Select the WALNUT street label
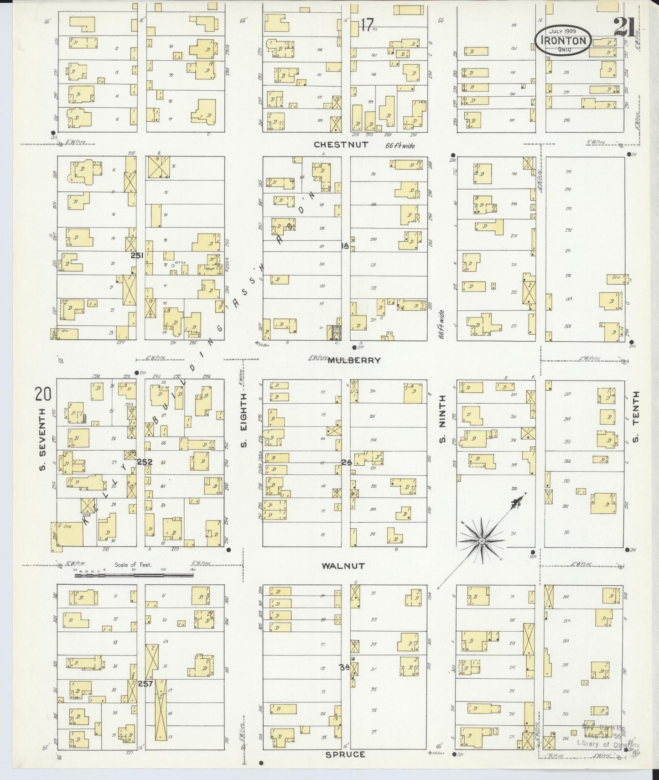point(343,566)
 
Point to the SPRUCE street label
point(345,754)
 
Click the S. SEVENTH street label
point(44,438)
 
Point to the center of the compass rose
point(481,541)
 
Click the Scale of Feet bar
point(134,575)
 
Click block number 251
point(137,256)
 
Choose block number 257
point(145,683)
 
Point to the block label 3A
point(344,667)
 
